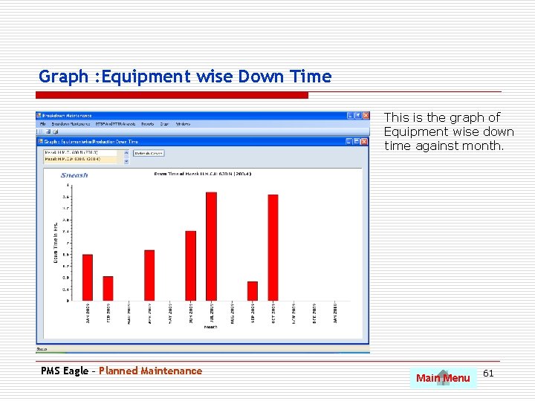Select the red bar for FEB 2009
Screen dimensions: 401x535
click(108, 288)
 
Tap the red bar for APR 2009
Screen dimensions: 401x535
click(149, 275)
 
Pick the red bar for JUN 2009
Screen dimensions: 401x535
click(191, 265)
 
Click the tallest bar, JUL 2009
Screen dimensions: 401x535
click(211, 246)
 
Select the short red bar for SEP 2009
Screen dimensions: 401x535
click(253, 291)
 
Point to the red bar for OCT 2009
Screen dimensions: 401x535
click(273, 247)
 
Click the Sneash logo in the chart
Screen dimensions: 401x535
click(74, 175)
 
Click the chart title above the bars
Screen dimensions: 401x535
click(203, 174)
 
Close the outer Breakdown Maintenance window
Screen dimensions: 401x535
click(365, 116)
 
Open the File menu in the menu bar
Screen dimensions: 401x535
click(43, 124)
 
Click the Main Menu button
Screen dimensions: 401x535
click(443, 378)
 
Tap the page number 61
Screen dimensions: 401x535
click(488, 373)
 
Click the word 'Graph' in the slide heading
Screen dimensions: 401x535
click(63, 76)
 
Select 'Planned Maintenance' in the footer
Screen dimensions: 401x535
click(150, 371)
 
